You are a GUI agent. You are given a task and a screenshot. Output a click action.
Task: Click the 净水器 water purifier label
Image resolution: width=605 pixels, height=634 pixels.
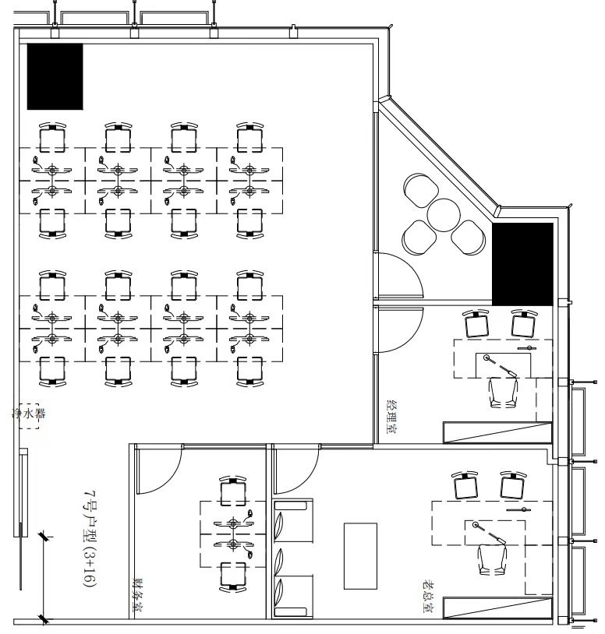(x=28, y=414)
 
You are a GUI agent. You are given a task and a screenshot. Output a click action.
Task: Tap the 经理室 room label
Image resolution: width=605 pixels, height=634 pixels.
(x=391, y=417)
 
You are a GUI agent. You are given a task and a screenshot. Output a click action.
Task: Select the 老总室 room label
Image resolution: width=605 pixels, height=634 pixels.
(x=428, y=597)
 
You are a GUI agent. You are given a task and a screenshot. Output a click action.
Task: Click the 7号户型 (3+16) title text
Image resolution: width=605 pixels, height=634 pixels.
(x=90, y=538)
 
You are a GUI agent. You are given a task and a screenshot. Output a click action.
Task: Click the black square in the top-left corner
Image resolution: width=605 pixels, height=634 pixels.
(x=55, y=76)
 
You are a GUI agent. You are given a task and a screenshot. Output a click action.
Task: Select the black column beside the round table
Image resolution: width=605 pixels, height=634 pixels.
(x=522, y=264)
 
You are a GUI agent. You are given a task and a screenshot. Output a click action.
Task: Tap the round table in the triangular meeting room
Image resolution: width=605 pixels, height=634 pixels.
(x=444, y=215)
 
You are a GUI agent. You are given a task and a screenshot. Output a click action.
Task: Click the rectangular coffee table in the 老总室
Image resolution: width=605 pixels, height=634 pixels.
(x=360, y=556)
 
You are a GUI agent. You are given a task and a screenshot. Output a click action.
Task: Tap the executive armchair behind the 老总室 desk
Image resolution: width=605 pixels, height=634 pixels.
(x=492, y=559)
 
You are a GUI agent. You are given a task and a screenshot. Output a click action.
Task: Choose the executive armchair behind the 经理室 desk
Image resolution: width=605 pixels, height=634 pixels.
(x=504, y=393)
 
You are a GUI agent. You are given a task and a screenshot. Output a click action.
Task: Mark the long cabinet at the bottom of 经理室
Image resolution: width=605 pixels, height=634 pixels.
(x=497, y=432)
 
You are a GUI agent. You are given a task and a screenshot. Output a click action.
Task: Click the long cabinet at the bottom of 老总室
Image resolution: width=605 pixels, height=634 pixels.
(x=497, y=608)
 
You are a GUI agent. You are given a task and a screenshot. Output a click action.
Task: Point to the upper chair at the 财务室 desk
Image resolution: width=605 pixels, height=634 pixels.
(x=233, y=491)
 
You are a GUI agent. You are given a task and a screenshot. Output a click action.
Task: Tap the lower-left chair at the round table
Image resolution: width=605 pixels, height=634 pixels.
(x=419, y=238)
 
